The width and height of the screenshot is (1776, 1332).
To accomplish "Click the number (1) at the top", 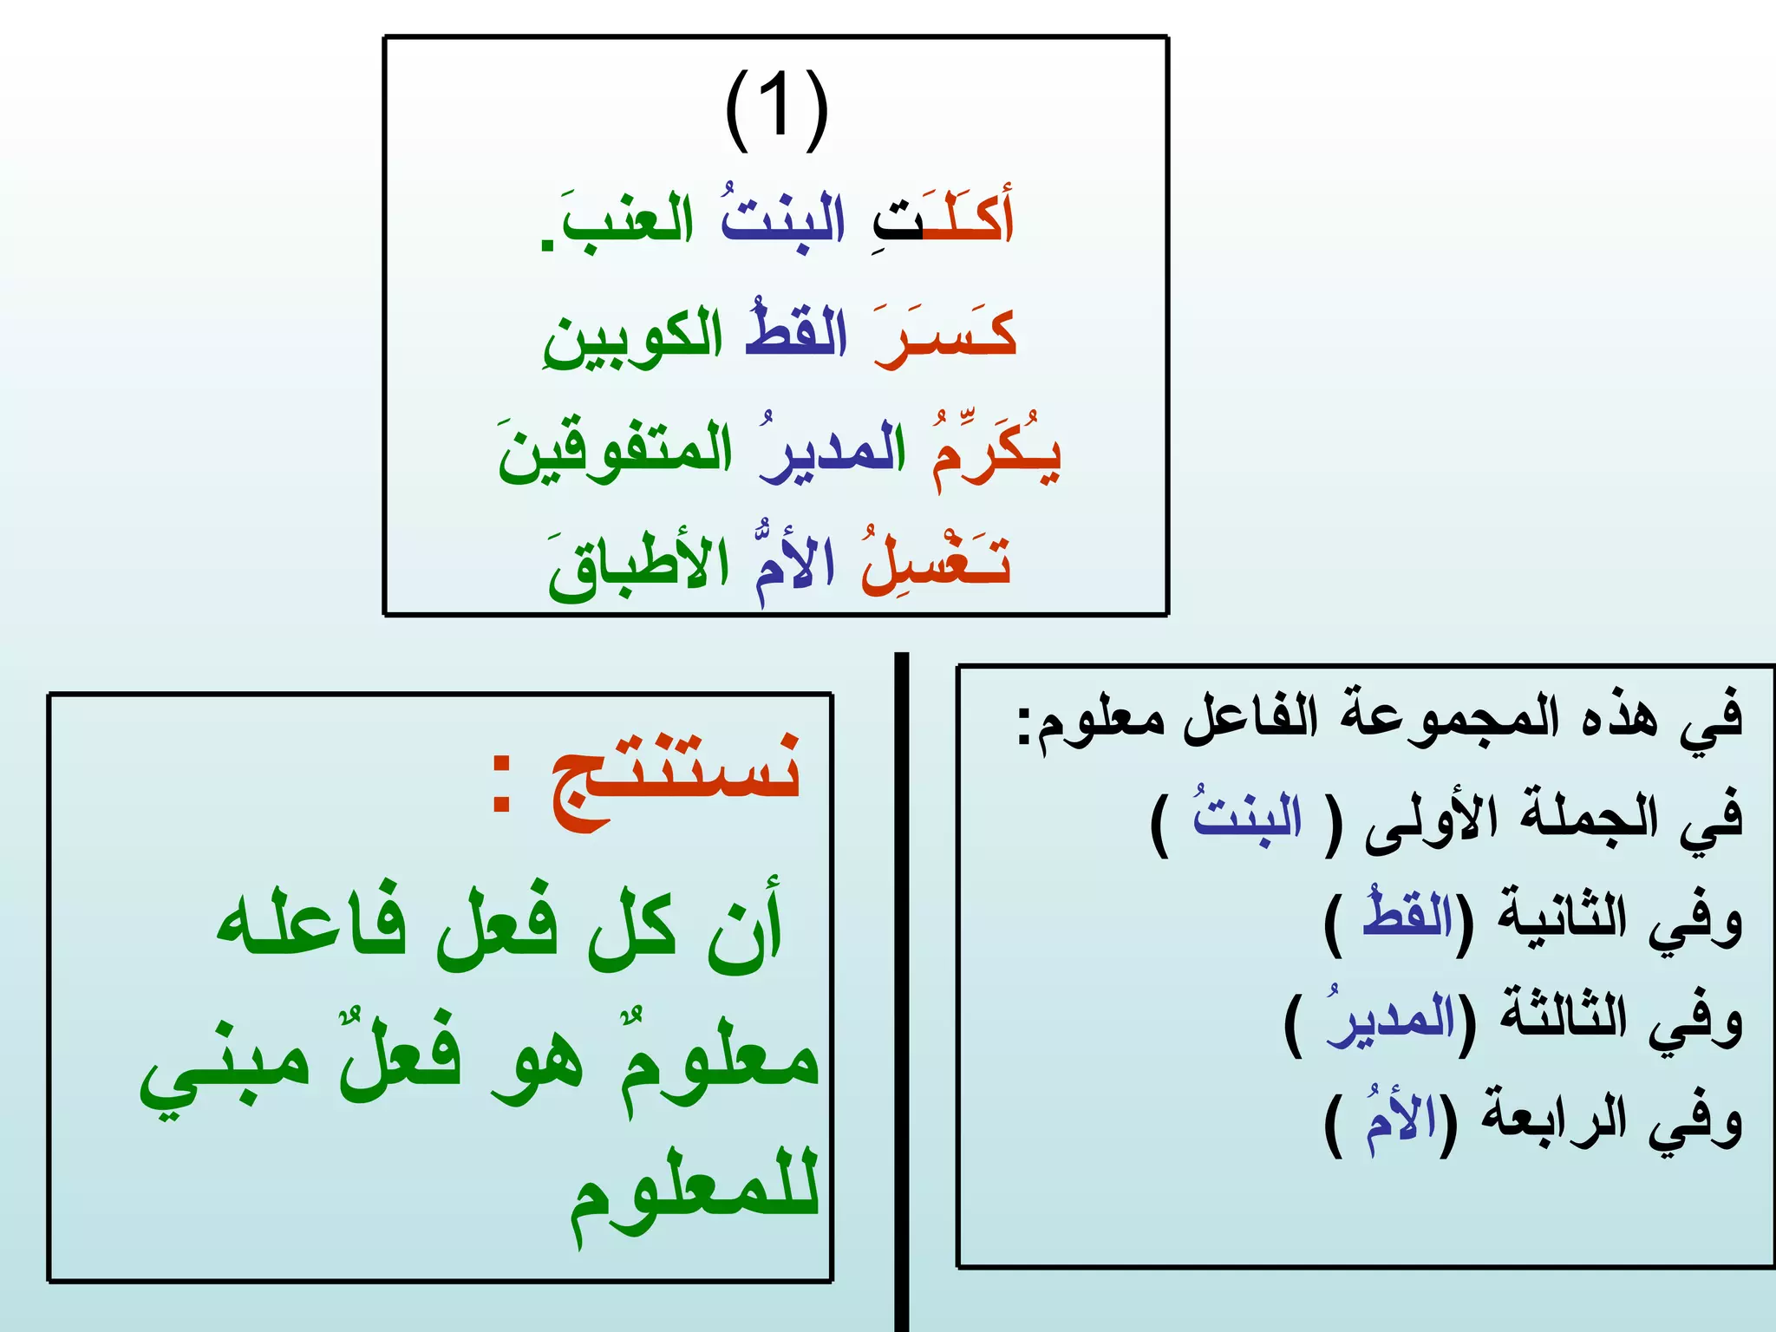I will pyautogui.click(x=776, y=110).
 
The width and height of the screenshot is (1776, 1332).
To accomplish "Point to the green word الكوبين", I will pyautogui.click(x=633, y=338).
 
